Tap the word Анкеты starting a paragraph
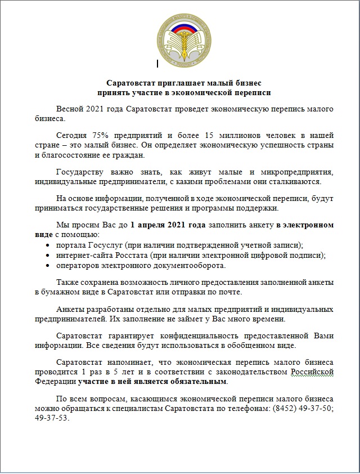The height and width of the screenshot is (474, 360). (71, 309)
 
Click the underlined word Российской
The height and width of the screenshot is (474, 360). (312, 372)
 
